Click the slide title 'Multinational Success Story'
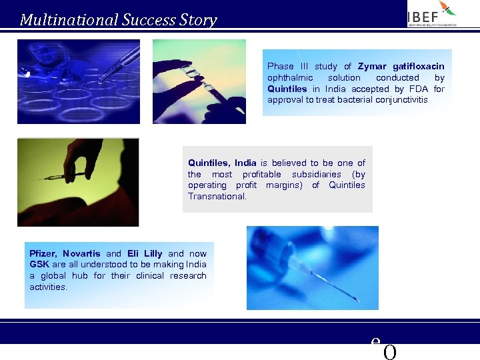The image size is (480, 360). click(118, 20)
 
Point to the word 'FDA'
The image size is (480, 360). click(419, 89)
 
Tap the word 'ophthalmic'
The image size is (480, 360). click(290, 77)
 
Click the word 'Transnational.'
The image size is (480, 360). click(217, 197)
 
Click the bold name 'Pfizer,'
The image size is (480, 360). click(43, 253)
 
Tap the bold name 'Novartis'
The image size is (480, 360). click(81, 253)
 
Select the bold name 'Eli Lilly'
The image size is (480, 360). click(145, 253)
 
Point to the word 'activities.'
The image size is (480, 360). click(48, 287)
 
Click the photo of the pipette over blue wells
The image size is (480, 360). click(79, 81)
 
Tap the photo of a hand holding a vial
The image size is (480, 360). click(199, 81)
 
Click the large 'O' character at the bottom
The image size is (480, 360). click(390, 352)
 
